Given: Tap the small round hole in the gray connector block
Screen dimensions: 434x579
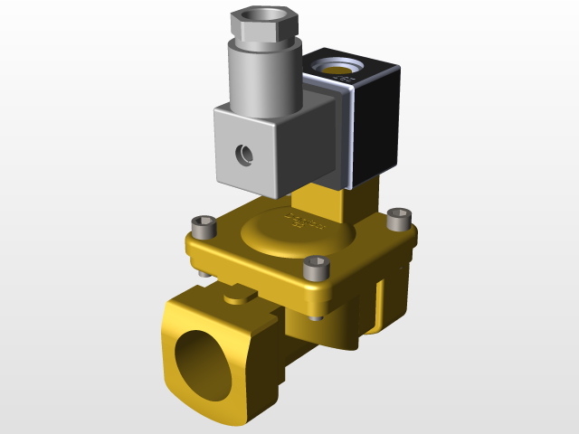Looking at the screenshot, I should tap(243, 155).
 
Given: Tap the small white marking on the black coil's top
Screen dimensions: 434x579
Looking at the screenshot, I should tap(345, 80).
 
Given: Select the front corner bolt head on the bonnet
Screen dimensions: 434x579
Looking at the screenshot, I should tap(316, 266).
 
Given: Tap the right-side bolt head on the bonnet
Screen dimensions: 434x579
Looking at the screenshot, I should tap(399, 217).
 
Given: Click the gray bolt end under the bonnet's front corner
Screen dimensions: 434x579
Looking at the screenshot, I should tap(314, 316).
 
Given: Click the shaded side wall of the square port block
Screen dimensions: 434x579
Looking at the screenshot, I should tap(262, 362).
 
